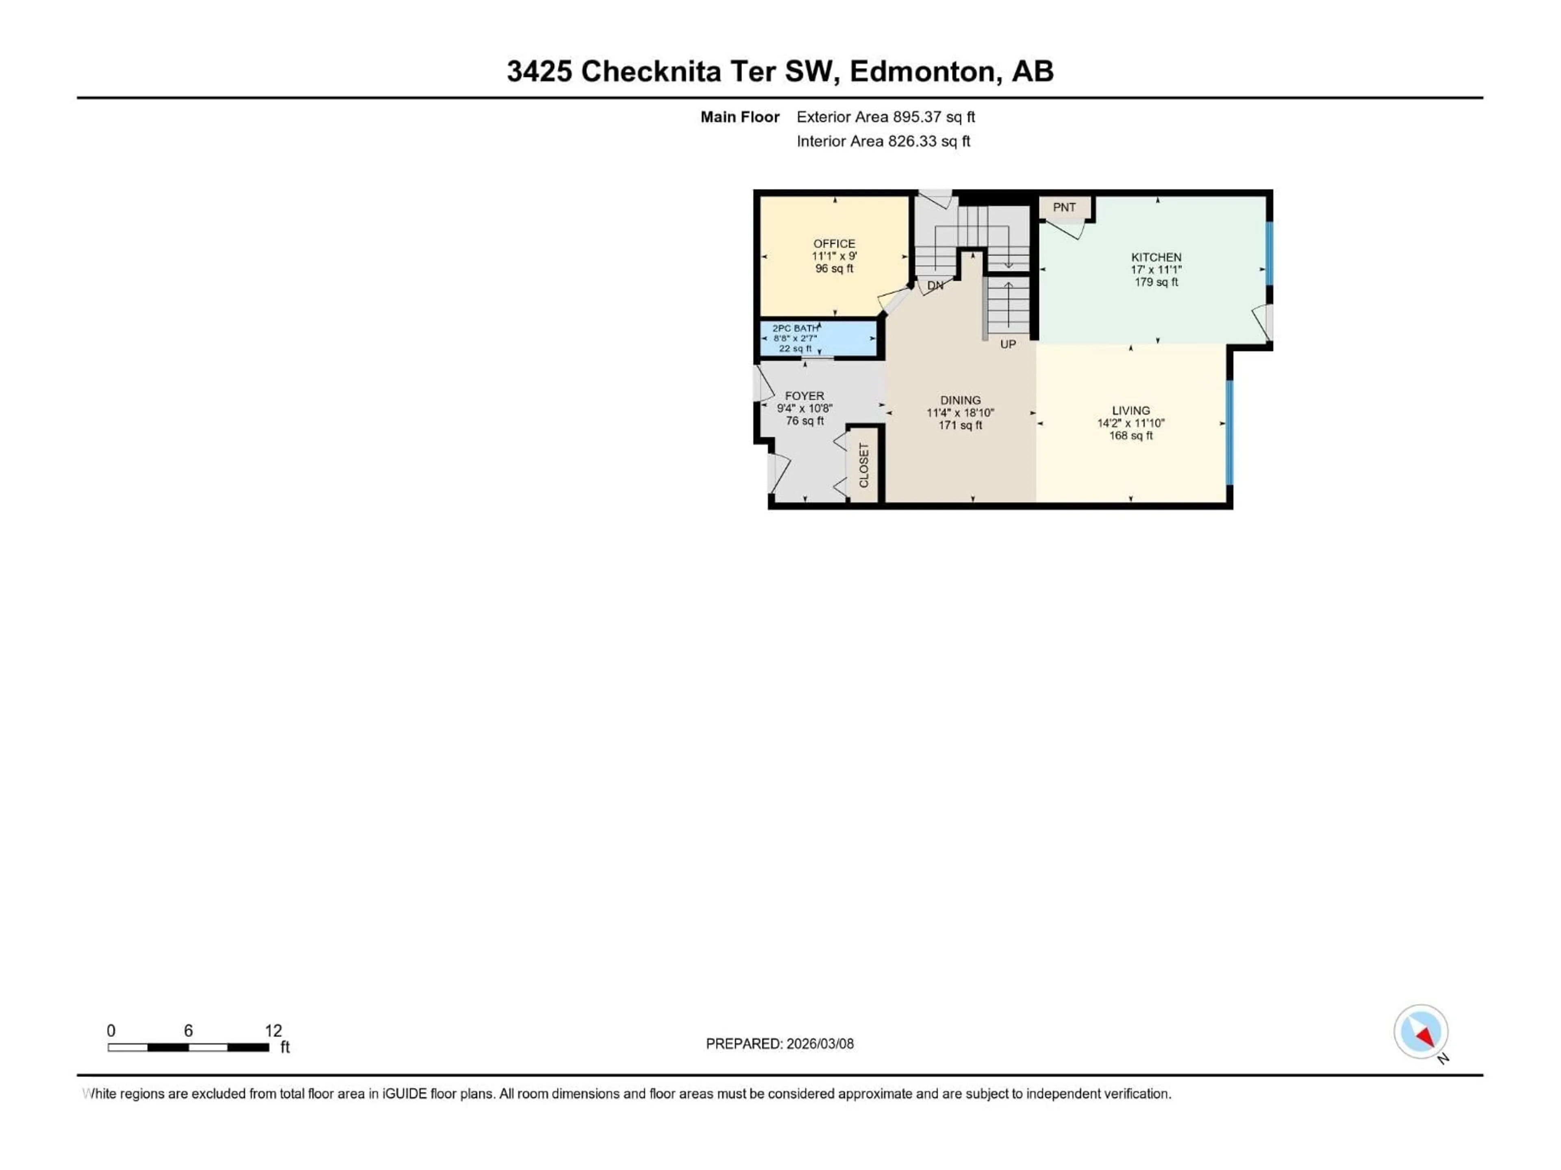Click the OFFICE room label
[x=834, y=243]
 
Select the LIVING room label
[x=1131, y=410]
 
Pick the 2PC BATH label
[x=795, y=328]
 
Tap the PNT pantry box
[x=1064, y=207]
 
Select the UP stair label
[x=1008, y=344]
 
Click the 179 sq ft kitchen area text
[x=1156, y=282]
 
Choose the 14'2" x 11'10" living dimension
[x=1131, y=423]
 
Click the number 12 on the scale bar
[x=273, y=1030]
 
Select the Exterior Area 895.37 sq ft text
[x=886, y=117]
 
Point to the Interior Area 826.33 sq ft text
[x=883, y=141]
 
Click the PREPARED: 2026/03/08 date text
[x=780, y=1044]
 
